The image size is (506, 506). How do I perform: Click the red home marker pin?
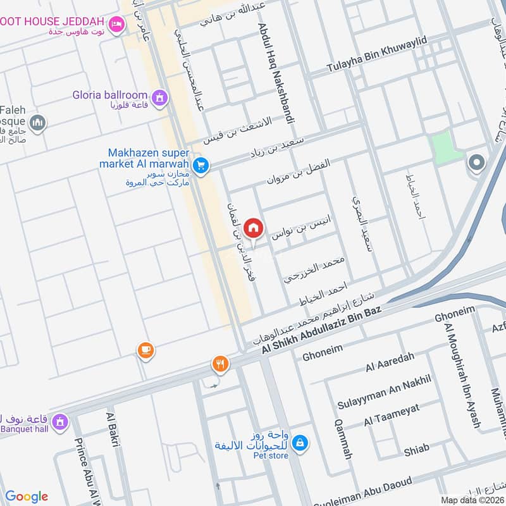(x=253, y=228)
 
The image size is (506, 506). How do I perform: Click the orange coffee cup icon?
(x=145, y=350)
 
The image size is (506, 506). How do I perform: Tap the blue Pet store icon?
(x=302, y=443)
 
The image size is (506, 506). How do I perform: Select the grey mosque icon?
(x=38, y=122)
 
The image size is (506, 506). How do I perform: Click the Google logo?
(x=27, y=497)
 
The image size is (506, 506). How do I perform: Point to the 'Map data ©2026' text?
(x=472, y=500)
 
